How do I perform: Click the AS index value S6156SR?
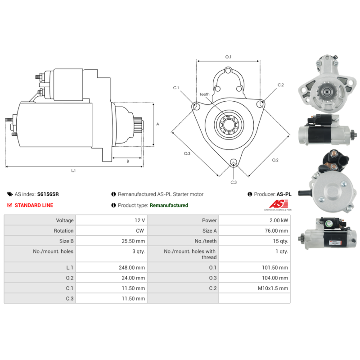pyautogui.click(x=48, y=194)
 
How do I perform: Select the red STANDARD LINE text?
pyautogui.click(x=34, y=205)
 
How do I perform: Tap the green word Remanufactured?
pyautogui.click(x=169, y=205)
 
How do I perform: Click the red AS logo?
pyautogui.click(x=279, y=204)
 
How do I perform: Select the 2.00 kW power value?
pyautogui.click(x=279, y=220)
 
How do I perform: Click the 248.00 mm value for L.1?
pyautogui.click(x=132, y=267)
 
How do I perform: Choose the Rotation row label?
pyautogui.click(x=63, y=231)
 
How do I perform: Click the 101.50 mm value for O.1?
pyautogui.click(x=275, y=267)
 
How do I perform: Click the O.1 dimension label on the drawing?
pyautogui.click(x=228, y=57)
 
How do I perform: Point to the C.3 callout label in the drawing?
pyautogui.click(x=234, y=182)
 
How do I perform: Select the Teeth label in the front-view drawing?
pyautogui.click(x=204, y=94)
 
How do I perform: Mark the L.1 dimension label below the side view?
pyautogui.click(x=73, y=171)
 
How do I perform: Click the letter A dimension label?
pyautogui.click(x=158, y=124)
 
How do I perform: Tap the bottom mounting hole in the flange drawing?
pyautogui.click(x=234, y=162)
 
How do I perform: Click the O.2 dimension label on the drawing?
pyautogui.click(x=275, y=160)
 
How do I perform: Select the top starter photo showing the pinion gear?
pyautogui.click(x=328, y=84)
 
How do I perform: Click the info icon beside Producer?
pyautogui.click(x=250, y=194)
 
